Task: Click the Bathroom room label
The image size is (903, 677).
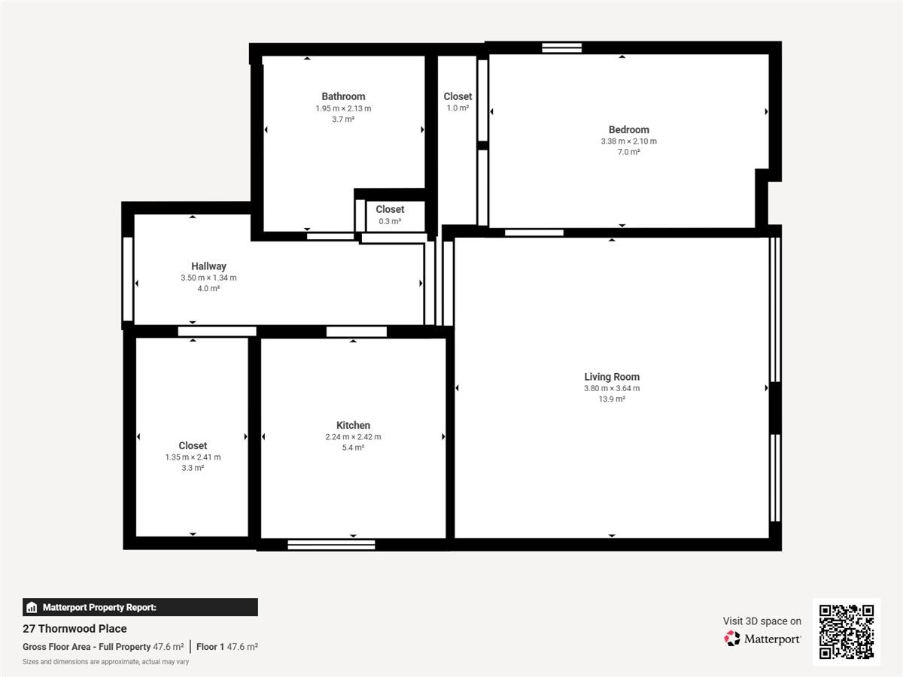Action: point(343,96)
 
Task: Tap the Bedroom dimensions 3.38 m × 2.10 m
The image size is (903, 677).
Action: point(628,141)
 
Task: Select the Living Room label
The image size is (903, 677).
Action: point(612,377)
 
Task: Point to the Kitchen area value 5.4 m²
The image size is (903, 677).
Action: point(353,448)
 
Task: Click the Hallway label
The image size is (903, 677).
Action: point(208,266)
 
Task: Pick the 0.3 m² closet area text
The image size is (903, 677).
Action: point(390,221)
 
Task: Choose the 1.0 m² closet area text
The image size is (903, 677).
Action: point(458,108)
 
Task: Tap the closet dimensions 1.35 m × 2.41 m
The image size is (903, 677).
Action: point(193,457)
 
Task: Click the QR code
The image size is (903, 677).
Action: point(847,632)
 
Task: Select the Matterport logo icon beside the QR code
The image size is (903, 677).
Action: point(732,639)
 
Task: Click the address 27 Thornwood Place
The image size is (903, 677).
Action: point(74,629)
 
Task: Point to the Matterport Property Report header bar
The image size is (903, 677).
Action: point(140,607)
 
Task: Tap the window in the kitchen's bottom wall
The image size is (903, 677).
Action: point(331,545)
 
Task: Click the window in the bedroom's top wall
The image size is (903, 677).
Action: point(561,48)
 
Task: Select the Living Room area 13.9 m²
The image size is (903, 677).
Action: point(612,399)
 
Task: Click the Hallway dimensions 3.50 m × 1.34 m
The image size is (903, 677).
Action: point(208,278)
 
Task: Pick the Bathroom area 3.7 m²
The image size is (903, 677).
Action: point(343,119)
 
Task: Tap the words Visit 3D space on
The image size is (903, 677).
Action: point(762,621)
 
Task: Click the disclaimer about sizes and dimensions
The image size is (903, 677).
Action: point(106,662)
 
